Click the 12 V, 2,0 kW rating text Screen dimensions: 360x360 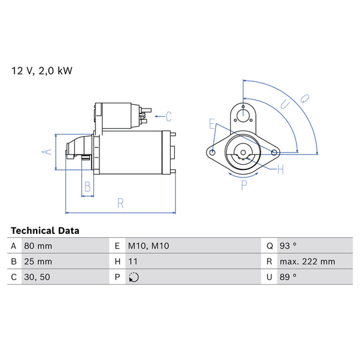[x=42, y=71]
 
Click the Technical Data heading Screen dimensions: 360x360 [x=45, y=231]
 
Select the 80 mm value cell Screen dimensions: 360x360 [x=38, y=246]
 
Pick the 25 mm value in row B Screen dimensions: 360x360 [x=38, y=261]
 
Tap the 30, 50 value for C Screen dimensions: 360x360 [x=37, y=277]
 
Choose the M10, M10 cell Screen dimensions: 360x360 [x=149, y=246]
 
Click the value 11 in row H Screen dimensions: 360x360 [x=133, y=261]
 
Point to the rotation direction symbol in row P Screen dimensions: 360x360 [x=133, y=277]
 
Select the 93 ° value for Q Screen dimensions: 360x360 [x=288, y=246]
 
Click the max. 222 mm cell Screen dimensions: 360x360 [x=307, y=261]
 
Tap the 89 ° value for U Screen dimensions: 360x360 [x=288, y=277]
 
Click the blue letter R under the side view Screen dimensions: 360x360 [x=121, y=203]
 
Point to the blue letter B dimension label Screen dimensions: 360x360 [x=87, y=187]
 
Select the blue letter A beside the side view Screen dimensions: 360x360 [x=47, y=152]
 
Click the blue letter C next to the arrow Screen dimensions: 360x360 [x=169, y=117]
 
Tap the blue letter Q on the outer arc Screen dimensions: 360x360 [x=305, y=99]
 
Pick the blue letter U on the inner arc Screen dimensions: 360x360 [x=285, y=105]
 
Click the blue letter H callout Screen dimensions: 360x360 [x=281, y=170]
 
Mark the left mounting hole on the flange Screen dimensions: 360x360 [x=213, y=152]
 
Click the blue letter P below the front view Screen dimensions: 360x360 [x=244, y=185]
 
